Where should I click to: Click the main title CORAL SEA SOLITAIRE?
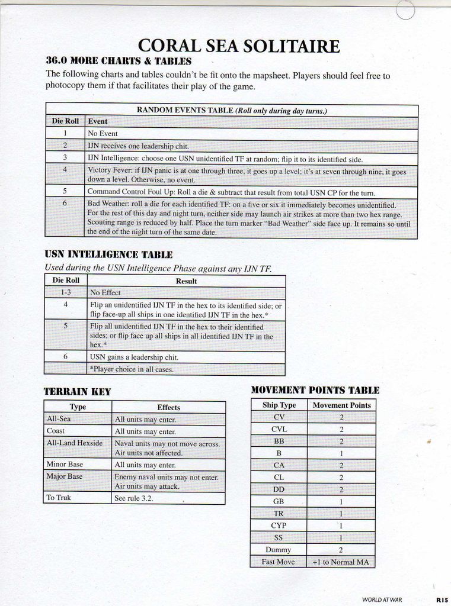238,46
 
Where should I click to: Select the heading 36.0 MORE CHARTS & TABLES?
119,60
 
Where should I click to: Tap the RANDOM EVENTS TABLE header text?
232,110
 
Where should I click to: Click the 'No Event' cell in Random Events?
103,134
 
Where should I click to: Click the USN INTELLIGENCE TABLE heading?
108,254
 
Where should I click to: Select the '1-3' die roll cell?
65,292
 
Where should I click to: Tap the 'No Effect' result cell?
105,292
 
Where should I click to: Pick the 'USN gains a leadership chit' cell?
133,357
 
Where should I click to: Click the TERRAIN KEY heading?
77,391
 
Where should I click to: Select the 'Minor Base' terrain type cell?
65,465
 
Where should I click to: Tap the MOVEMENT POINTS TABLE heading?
315,390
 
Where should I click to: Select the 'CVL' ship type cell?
279,429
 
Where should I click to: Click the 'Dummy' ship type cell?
279,550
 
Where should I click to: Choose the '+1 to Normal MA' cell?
341,562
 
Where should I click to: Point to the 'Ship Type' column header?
279,405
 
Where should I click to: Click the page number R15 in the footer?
441,599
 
